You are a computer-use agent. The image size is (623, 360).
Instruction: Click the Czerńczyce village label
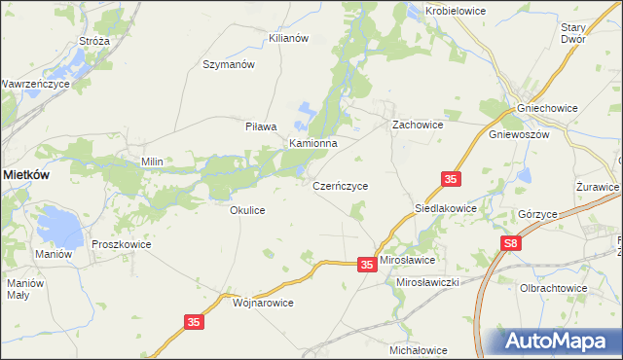click(x=340, y=185)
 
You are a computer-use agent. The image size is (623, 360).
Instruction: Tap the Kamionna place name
click(x=312, y=143)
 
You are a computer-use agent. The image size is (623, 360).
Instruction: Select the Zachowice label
click(x=418, y=126)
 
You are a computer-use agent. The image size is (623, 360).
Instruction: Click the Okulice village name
click(x=247, y=210)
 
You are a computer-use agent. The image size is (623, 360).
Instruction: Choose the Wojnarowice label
click(x=263, y=303)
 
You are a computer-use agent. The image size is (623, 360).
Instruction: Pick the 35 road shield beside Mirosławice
click(x=367, y=264)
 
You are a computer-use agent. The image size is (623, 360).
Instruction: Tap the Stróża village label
click(x=94, y=42)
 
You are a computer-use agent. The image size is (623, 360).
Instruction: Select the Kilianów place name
click(x=288, y=38)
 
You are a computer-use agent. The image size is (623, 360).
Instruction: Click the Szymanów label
click(x=228, y=65)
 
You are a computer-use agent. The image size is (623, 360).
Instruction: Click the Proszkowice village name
click(x=121, y=245)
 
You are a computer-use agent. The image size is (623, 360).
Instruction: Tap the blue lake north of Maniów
click(x=58, y=229)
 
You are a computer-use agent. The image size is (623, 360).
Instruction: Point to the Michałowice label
click(x=418, y=350)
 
